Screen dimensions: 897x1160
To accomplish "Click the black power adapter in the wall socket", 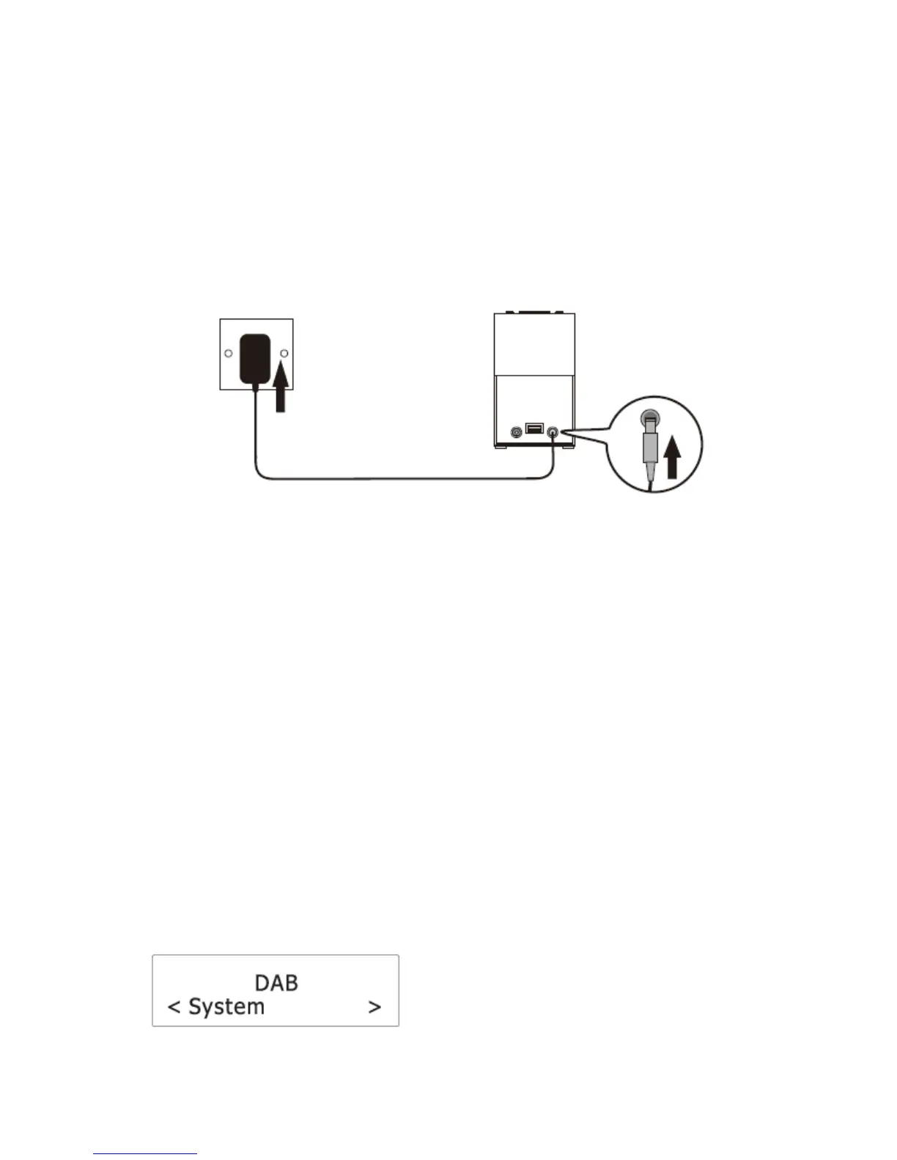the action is coord(254,360).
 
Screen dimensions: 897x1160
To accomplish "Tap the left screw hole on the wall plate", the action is coord(229,354).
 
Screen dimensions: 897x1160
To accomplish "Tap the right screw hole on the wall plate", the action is coord(284,354).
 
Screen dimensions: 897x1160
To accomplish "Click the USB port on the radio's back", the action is coord(534,429).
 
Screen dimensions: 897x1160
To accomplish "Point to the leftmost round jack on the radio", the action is coord(517,432).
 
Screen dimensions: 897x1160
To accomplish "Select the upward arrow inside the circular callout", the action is coord(672,457).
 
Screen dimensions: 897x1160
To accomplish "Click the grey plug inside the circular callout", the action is coord(649,447).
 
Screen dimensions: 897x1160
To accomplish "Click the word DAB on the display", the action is coord(276,982).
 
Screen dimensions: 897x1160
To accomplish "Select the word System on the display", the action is coord(226,1007).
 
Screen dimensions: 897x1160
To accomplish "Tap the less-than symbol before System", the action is coord(174,1008).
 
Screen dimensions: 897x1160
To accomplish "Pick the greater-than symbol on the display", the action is coord(374,1008).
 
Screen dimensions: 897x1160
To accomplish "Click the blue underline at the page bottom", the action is coord(145,1154).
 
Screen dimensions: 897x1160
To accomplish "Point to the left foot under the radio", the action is coord(501,448).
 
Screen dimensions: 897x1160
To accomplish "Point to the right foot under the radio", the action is coord(569,448).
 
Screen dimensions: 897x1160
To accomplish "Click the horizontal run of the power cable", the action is coord(403,479).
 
